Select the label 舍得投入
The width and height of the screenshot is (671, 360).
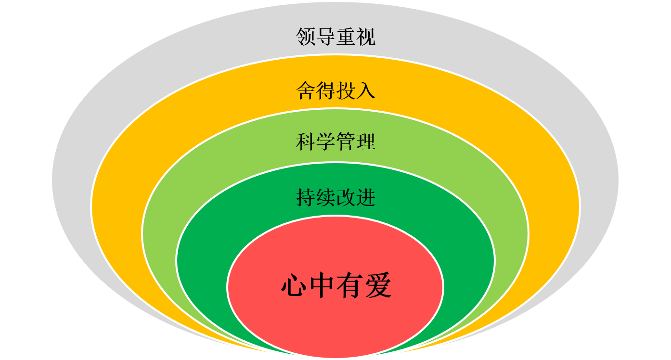[335, 90]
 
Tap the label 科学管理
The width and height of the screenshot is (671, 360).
[335, 142]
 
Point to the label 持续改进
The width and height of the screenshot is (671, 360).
[335, 197]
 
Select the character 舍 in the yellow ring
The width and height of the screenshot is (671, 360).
[306, 90]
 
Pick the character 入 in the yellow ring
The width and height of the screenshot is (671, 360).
[365, 90]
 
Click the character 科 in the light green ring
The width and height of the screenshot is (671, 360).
[306, 142]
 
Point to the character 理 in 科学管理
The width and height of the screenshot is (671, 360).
[365, 142]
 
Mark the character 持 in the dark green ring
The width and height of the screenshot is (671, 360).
[306, 197]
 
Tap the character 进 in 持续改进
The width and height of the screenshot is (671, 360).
[365, 197]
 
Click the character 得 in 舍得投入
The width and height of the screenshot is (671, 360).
[326, 90]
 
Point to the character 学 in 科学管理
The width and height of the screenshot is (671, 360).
[326, 142]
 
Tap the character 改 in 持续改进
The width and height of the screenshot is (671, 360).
[346, 197]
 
